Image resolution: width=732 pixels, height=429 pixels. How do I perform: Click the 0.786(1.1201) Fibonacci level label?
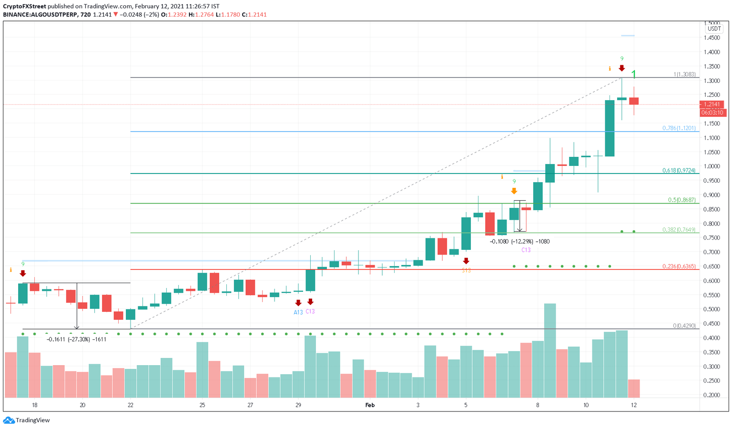679,128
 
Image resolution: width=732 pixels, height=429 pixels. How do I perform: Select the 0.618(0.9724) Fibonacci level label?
679,170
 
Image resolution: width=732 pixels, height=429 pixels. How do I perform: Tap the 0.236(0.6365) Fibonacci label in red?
679,266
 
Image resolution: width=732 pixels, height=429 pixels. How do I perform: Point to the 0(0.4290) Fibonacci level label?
684,326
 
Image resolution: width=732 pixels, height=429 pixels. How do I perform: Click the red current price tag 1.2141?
712,104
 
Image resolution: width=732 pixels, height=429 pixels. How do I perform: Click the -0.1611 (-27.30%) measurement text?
76,339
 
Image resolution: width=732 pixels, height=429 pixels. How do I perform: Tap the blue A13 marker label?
298,313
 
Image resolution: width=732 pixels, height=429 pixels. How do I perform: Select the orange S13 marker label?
466,270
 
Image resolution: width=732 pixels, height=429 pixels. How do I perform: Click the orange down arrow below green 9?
514,191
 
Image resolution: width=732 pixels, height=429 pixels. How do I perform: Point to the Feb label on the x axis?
370,405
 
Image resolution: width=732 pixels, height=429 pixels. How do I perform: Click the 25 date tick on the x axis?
202,405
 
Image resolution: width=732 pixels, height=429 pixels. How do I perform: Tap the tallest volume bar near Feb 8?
549,350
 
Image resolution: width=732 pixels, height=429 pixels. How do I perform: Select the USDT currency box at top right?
714,29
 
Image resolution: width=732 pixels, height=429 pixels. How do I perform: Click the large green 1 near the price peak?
634,74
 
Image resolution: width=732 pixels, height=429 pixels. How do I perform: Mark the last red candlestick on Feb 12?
633,101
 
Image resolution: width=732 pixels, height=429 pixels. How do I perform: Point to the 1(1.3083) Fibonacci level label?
684,74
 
